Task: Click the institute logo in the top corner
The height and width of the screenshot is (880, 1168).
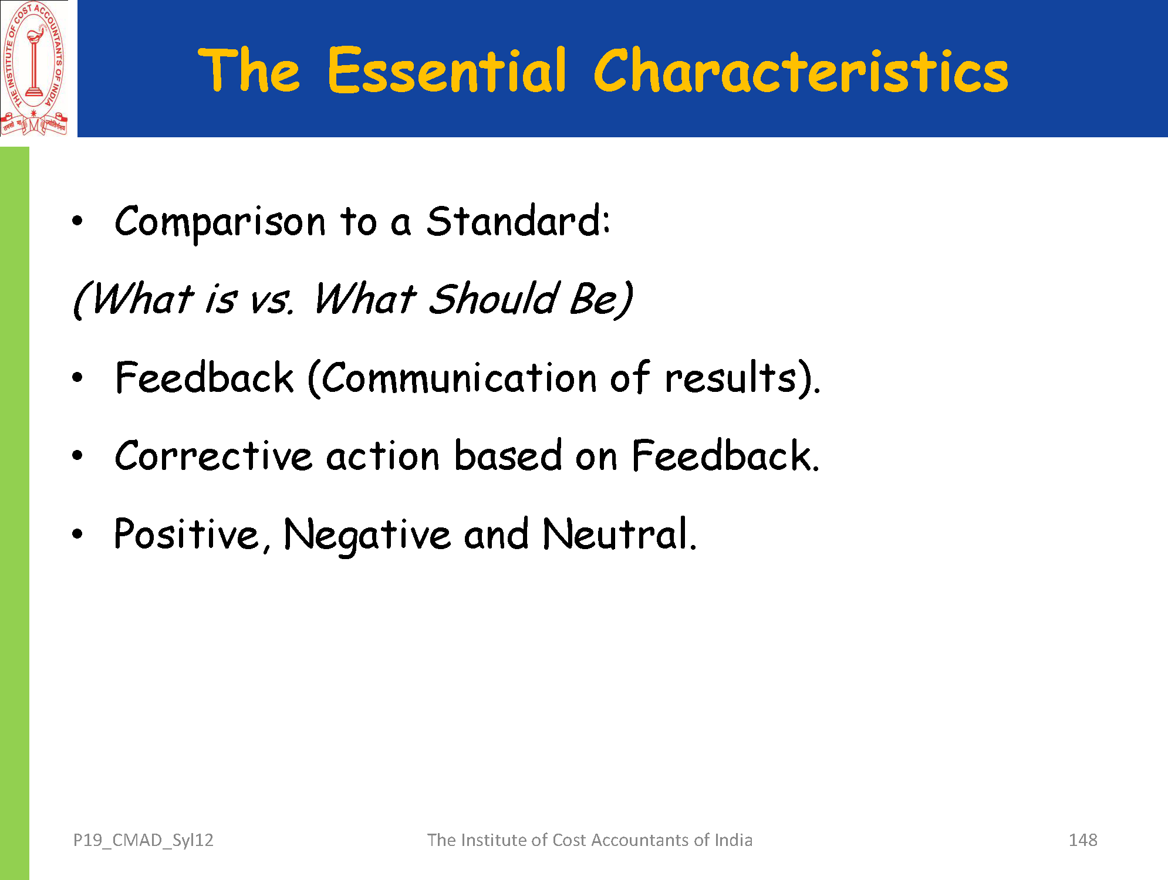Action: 35,69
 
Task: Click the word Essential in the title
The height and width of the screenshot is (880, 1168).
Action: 447,70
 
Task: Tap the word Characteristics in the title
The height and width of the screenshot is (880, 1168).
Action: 801,70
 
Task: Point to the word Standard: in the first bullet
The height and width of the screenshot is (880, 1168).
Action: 518,221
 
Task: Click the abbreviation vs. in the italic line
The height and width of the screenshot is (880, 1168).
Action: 271,300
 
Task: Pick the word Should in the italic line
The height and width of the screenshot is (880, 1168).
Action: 494,298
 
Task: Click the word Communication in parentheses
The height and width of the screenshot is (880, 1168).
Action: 459,378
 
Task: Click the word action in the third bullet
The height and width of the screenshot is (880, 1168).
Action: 383,456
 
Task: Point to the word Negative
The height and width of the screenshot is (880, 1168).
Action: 367,535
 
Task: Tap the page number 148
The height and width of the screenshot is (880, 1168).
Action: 1083,840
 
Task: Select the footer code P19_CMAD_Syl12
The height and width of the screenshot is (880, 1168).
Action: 143,841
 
